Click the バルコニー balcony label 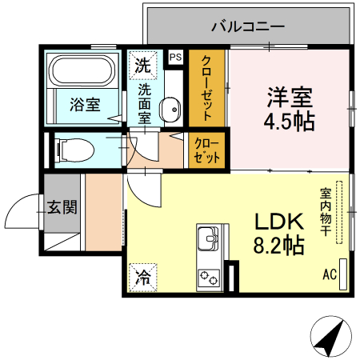247,26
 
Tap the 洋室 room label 289,98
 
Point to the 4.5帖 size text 289,122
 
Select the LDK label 278,221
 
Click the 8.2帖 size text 278,245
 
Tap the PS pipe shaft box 175,57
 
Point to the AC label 330,275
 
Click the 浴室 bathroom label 84,104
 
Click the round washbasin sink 169,110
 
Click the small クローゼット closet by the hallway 206,151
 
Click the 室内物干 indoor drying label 326,213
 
